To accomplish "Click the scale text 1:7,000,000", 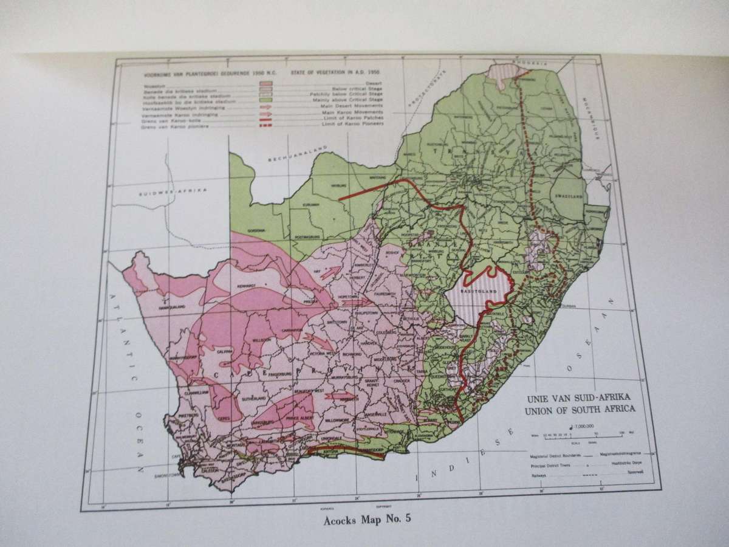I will click(577, 427).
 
